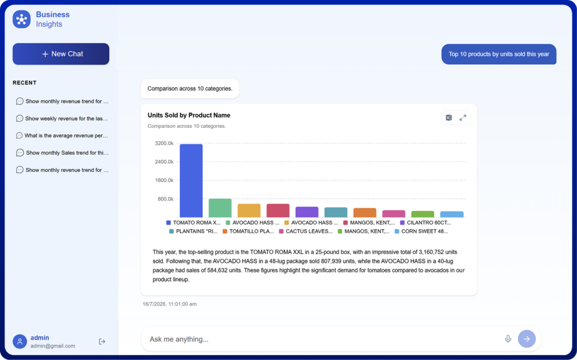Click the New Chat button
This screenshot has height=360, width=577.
click(61, 54)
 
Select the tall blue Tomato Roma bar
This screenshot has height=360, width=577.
click(191, 180)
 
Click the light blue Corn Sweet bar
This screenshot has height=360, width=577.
click(452, 214)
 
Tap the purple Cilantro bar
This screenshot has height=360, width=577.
click(307, 212)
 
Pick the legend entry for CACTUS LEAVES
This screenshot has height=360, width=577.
click(306, 232)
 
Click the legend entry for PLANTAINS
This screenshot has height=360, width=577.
click(193, 232)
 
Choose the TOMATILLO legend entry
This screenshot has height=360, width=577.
click(248, 232)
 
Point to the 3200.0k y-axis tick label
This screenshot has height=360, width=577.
click(164, 143)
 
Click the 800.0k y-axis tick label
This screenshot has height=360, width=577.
click(166, 199)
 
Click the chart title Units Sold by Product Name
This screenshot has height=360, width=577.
click(189, 115)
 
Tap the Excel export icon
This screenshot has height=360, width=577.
click(449, 118)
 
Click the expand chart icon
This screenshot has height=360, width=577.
click(463, 118)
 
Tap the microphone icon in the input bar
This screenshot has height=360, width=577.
click(508, 339)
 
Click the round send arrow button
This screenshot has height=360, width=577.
click(527, 339)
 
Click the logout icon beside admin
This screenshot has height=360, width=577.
click(102, 341)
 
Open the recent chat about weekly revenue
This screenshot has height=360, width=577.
click(62, 118)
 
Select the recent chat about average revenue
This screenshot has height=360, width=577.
click(62, 135)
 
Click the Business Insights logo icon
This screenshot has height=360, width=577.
click(22, 19)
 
